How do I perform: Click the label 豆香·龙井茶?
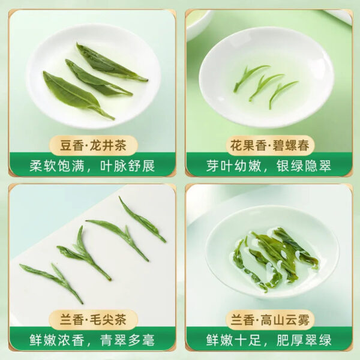[92, 145]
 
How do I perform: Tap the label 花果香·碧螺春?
[269, 145]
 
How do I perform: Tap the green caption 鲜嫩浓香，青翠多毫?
[92, 340]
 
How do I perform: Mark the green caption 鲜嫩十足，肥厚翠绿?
[269, 340]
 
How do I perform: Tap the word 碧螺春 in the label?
[289, 145]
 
